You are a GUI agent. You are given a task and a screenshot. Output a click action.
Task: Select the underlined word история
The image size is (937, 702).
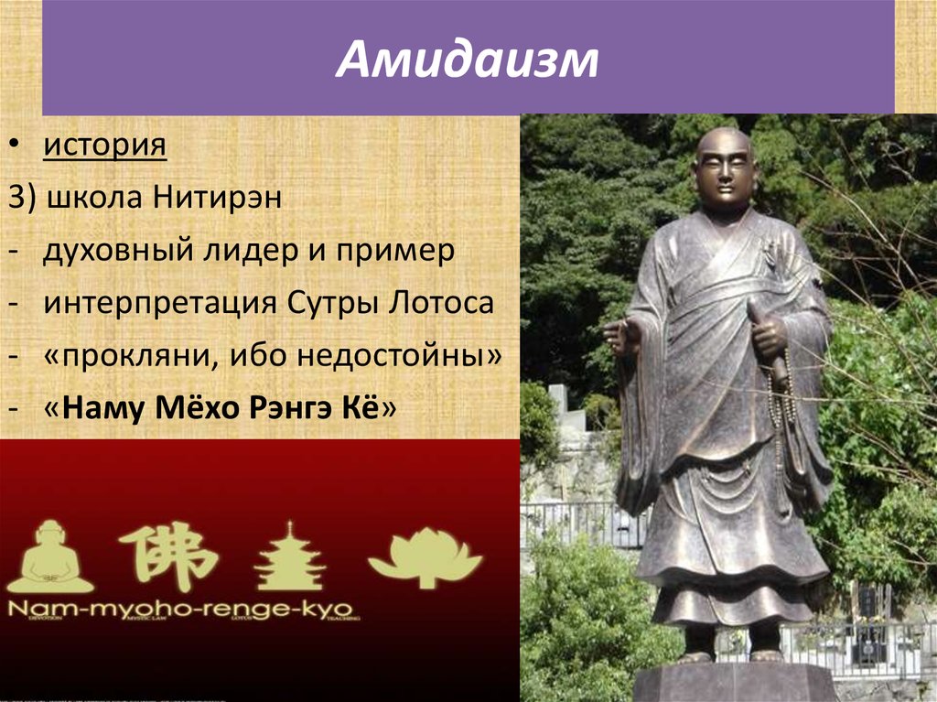click(104, 146)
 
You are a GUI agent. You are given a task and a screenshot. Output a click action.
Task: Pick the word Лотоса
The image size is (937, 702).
click(441, 303)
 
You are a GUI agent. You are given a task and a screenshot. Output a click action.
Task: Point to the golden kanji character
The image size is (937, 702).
click(167, 556)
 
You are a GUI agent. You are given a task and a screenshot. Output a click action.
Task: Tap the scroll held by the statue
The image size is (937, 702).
click(767, 339)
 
